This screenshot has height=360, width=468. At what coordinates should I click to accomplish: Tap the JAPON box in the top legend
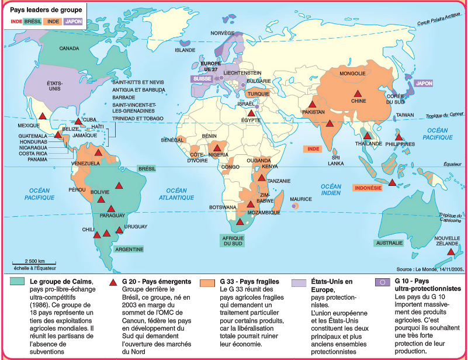click(73, 21)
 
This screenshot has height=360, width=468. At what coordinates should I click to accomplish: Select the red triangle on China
click(356, 94)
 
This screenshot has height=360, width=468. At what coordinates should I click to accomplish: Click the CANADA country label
click(70, 49)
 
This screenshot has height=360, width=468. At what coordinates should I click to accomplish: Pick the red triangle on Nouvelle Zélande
click(452, 252)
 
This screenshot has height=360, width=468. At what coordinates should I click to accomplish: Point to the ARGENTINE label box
click(130, 249)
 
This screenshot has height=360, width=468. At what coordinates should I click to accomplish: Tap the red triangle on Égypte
click(251, 113)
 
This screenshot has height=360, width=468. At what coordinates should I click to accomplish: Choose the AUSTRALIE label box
click(390, 243)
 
